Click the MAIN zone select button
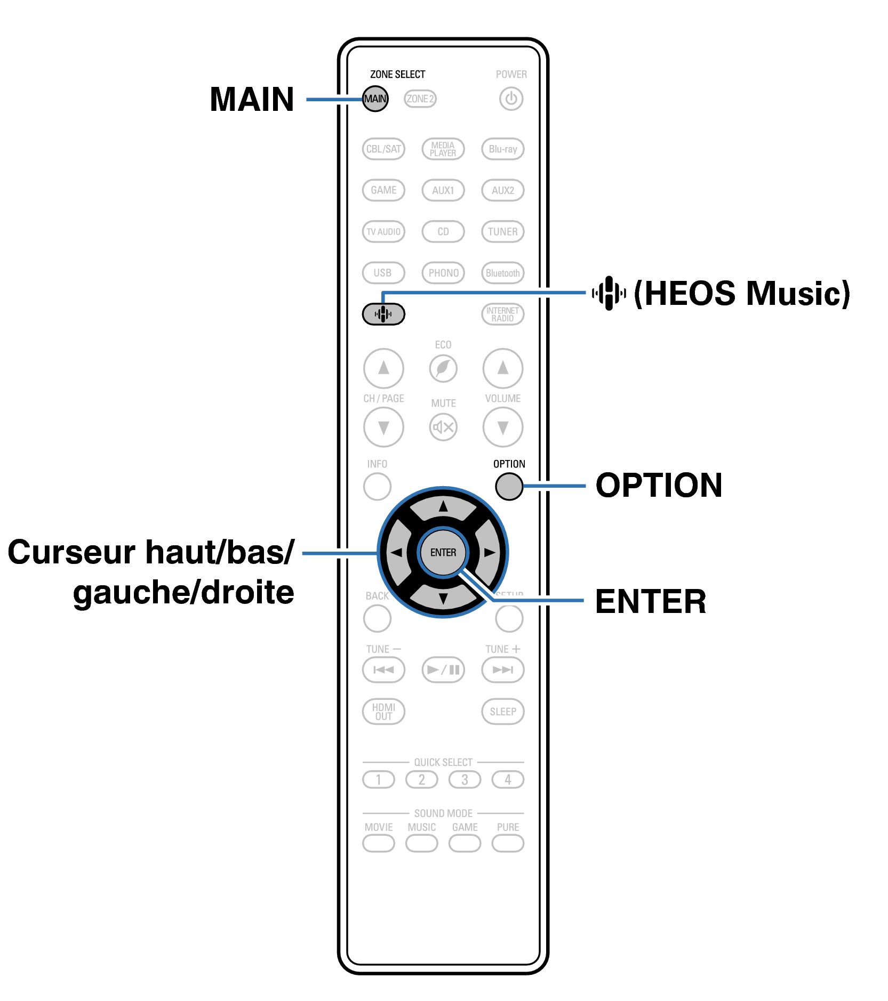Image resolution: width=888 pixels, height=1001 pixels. pos(375,99)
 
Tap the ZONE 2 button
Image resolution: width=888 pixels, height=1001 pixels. pos(420,99)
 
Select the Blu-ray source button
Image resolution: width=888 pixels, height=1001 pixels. pos(502,149)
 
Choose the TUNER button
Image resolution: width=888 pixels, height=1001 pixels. pos(502,231)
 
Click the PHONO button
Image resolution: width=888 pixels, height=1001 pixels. pos(443,273)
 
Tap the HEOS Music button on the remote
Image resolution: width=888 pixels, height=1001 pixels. pos(383,314)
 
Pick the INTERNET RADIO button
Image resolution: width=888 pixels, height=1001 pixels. pos(502,314)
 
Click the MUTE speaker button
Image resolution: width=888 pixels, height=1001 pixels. pos(443,427)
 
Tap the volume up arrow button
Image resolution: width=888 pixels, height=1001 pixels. pos(502,368)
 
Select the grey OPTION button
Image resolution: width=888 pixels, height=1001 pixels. pos(509,486)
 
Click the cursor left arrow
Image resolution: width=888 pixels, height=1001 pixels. pos(396,552)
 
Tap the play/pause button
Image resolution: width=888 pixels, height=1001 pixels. pos(443,669)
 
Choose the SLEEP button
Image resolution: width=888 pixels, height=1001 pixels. pos(502,712)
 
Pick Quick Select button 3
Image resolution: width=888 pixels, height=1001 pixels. pos(465,780)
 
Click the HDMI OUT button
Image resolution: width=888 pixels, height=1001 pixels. pos(383,712)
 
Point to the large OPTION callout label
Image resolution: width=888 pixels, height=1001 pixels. pos(659,486)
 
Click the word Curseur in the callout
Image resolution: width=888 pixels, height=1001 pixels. pos(71,552)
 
